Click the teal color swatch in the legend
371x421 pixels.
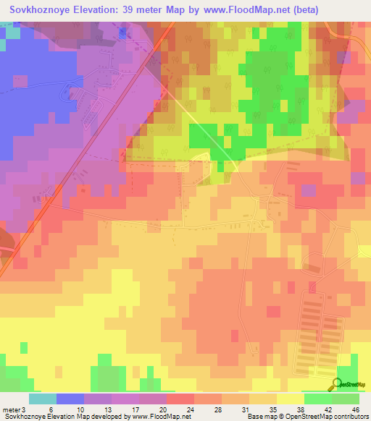pyautogui.click(x=42, y=399)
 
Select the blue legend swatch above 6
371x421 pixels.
pyautogui.click(x=70, y=399)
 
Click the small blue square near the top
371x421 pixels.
pyautogui.click(x=122, y=33)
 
